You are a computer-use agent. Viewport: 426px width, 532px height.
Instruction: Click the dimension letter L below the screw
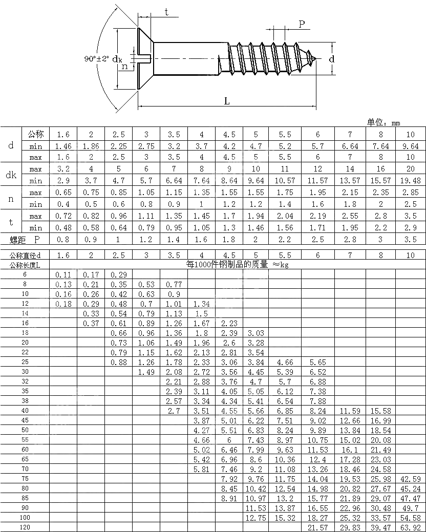[x=226, y=101]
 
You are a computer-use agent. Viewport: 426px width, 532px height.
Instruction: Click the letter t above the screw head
[x=167, y=13]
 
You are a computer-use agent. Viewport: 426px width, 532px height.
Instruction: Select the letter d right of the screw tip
[x=332, y=59]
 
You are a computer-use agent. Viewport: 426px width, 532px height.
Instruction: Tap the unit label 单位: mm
[x=384, y=122]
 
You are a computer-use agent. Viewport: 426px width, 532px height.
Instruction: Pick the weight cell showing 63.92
[x=410, y=527]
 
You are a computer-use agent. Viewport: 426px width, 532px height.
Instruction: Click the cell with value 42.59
[x=410, y=479]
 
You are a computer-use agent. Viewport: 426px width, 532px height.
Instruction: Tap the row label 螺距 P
[x=25, y=240]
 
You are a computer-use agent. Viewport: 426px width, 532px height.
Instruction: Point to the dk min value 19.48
[x=410, y=180]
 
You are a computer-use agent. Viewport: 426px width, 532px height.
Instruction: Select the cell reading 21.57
[x=317, y=527]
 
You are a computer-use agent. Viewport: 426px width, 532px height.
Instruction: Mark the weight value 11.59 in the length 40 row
[x=350, y=411]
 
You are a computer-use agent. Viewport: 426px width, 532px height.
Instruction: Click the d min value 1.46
[x=63, y=146]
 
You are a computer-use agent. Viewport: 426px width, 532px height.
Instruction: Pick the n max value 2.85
[x=410, y=193]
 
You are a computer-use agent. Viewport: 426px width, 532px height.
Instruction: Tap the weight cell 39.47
[x=380, y=527]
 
